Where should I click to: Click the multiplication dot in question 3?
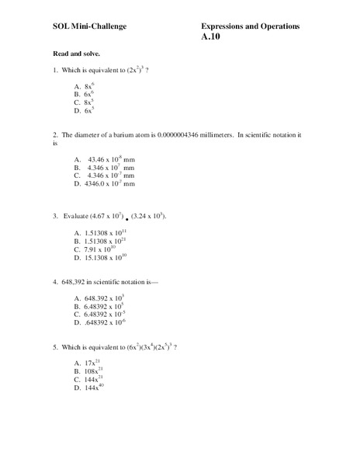126,219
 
